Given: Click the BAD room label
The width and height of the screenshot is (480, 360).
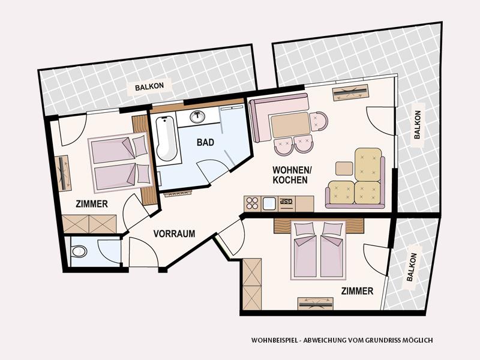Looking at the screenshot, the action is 205,142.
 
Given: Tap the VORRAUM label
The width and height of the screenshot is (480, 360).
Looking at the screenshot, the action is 174,234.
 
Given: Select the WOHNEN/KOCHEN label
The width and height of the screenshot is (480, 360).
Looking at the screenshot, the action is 290,175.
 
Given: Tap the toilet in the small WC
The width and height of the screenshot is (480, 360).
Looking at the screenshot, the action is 79,251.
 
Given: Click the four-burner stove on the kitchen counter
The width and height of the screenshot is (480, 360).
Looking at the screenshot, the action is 252,203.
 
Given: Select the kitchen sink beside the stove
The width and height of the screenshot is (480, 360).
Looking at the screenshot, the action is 269,203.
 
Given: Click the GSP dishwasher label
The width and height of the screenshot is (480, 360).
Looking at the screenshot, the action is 287,201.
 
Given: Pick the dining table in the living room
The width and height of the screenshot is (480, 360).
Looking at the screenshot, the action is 290,125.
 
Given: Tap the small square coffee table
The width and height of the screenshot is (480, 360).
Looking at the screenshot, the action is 344,169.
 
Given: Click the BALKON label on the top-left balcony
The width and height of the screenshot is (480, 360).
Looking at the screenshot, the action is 149,86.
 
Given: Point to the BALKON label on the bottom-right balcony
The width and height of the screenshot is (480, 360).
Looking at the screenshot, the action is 412,267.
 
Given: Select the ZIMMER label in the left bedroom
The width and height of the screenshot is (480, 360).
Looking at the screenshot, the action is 92,204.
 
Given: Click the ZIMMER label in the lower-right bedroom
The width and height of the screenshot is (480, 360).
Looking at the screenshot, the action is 357,291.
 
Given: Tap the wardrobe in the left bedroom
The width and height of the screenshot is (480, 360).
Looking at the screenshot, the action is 89,224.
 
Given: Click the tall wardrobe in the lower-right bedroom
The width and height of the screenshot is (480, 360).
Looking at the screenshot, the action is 252,284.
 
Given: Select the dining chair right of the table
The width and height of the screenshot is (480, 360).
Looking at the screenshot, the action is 319,121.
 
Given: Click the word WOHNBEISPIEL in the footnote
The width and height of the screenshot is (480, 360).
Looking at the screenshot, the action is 274,340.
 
